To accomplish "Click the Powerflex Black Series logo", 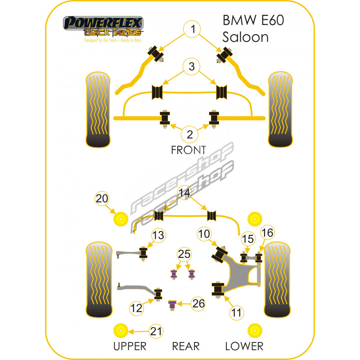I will click(103, 27).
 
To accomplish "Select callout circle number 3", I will click(192, 67).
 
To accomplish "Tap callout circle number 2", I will click(190, 134).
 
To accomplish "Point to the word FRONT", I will click(188, 150).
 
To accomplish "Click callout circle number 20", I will click(102, 198).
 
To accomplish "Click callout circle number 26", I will click(198, 304).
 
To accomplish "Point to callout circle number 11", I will click(237, 312).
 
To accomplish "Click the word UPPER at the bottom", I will click(130, 346).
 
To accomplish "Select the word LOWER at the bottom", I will click(244, 346).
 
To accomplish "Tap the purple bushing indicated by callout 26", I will click(171, 305).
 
